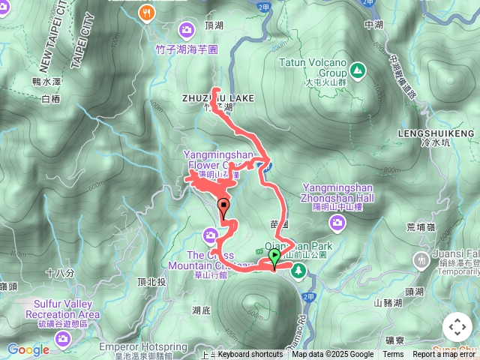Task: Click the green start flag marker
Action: [x=274, y=257]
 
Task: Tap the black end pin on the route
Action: [x=223, y=205]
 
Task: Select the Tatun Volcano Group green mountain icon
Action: [x=358, y=71]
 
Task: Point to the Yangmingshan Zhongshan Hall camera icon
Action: [x=338, y=221]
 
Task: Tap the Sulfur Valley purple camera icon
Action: [x=62, y=338]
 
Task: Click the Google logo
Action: [x=28, y=349]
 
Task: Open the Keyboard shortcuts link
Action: [x=250, y=355]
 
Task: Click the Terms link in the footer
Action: [x=393, y=355]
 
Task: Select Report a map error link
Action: [x=445, y=355]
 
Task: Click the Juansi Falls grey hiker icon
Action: [x=421, y=259]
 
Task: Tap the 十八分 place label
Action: [x=59, y=274]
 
